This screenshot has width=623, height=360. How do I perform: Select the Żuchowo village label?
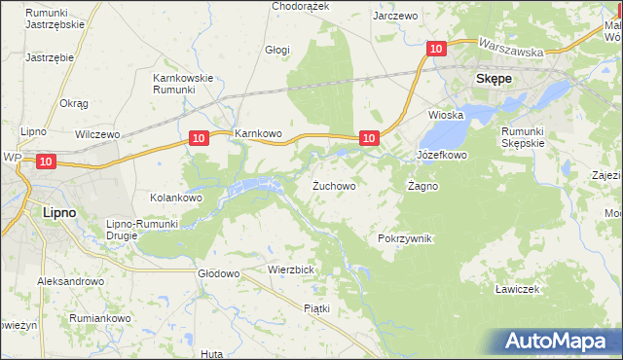coord(333,185)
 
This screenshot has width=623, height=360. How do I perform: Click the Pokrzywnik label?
coord(404,238)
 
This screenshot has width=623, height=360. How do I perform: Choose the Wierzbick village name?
coord(289,270)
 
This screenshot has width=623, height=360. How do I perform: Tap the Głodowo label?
coord(218,274)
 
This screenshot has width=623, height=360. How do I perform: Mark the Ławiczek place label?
coord(517,289)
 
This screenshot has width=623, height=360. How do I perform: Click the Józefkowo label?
coord(442,155)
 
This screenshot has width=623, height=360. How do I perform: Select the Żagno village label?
coord(422,185)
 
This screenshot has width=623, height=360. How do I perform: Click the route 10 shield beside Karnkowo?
coord(199,139)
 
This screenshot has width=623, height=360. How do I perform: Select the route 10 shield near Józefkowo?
coord(369,139)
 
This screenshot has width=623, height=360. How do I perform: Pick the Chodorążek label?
coord(301,6)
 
